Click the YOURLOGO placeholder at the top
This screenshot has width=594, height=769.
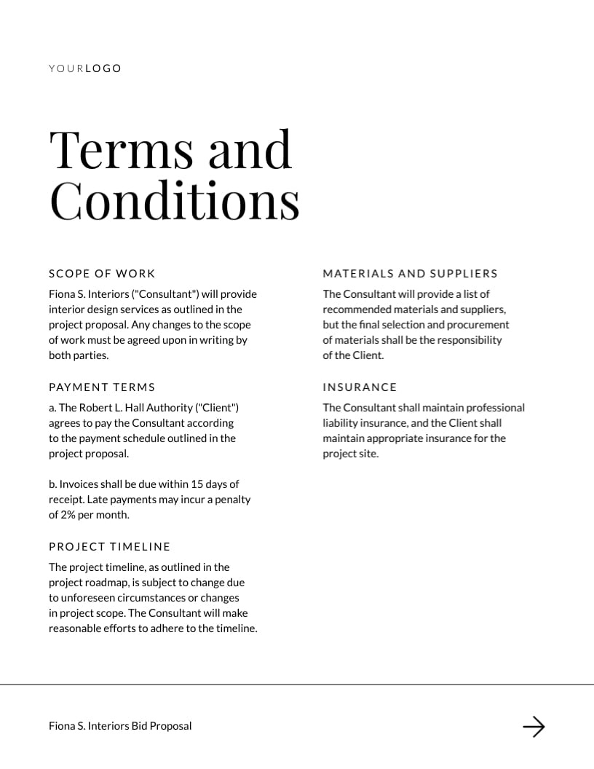pos(85,68)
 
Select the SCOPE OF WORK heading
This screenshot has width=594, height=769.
pos(102,274)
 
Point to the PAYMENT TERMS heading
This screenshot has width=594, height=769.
pos(102,387)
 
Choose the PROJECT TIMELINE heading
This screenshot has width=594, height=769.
pos(109,547)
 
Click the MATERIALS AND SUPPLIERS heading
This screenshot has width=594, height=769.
pos(410,274)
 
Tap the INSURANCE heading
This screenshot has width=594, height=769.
pos(360,387)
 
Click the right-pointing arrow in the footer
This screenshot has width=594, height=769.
pos(534,726)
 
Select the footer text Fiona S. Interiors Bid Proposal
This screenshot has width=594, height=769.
pos(120,726)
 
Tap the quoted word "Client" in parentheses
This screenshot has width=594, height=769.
pos(218,408)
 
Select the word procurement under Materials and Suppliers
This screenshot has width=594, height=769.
pos(476,325)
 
